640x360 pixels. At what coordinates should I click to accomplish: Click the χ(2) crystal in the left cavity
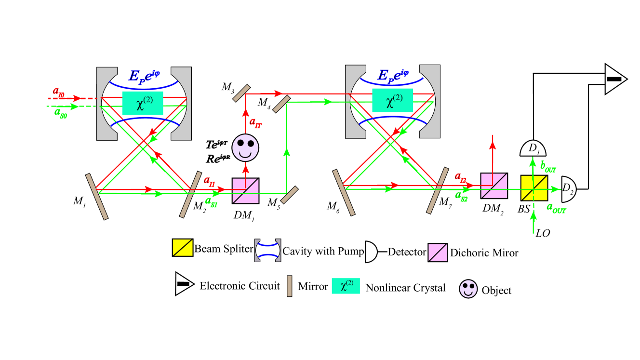[143, 103]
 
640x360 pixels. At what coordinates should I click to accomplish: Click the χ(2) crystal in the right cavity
[392, 100]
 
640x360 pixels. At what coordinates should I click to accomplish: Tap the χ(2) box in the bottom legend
[346, 286]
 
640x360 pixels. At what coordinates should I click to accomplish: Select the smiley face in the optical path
[245, 147]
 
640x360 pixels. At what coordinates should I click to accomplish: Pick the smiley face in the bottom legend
[468, 289]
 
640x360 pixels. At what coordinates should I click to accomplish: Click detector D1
[533, 149]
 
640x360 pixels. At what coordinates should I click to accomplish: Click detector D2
[568, 189]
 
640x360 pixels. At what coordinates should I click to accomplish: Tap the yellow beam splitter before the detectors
[534, 188]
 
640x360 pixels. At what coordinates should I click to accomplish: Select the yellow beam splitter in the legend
[183, 248]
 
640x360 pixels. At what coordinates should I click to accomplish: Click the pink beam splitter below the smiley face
[245, 191]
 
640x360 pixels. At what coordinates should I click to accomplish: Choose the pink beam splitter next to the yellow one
[494, 186]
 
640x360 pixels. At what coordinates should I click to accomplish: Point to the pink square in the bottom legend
[438, 253]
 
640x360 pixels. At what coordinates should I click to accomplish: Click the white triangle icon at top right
[614, 79]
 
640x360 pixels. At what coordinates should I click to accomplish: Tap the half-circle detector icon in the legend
[370, 252]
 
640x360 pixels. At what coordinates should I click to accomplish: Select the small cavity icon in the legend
[267, 251]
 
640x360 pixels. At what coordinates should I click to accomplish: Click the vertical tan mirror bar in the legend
[289, 286]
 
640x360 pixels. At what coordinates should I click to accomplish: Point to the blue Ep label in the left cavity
[144, 76]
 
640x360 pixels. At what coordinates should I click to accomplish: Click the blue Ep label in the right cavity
[393, 75]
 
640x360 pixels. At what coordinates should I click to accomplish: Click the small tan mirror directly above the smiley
[241, 93]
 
